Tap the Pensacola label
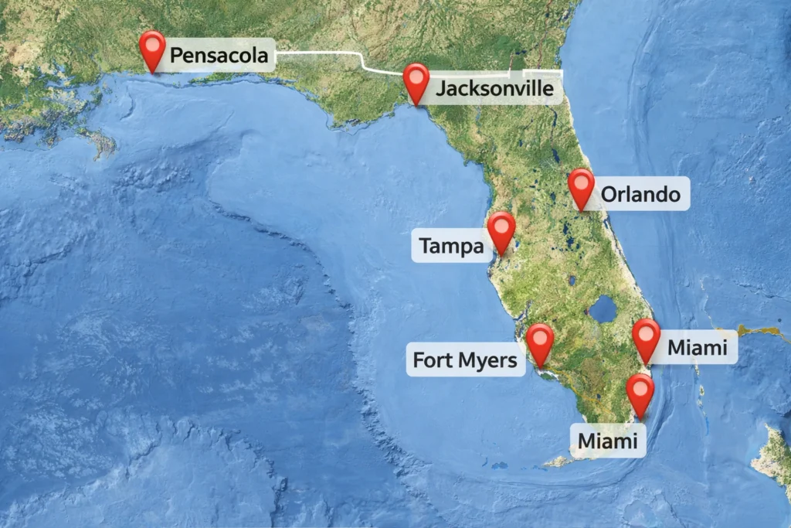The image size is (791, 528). point(219,56)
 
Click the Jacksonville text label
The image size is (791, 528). point(494,89)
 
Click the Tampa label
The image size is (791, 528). point(451,247)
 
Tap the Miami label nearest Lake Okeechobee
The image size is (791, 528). point(698,348)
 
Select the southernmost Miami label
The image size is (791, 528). point(608,441)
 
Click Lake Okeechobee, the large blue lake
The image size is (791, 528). point(603,310)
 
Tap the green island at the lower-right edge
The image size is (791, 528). point(775,457)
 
